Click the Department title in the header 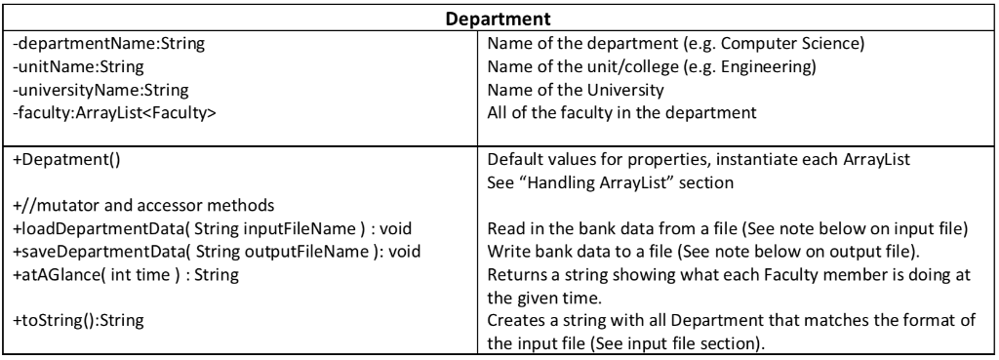click(499, 19)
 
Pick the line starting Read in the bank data click(728, 228)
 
